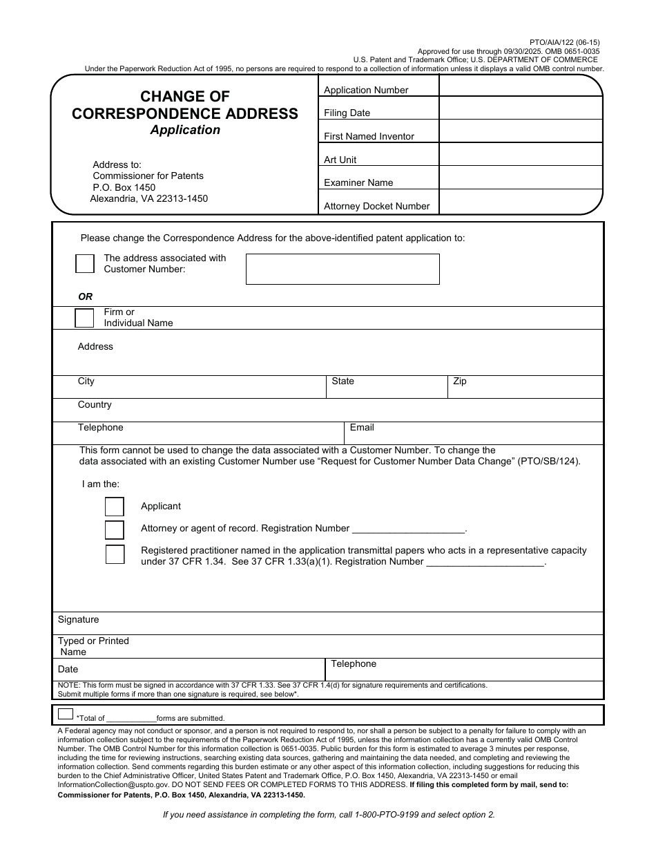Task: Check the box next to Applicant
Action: point(115,507)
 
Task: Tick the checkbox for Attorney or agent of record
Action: point(115,529)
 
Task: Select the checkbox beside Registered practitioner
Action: point(115,554)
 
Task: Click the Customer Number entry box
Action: point(343,269)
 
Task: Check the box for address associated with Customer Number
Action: point(85,263)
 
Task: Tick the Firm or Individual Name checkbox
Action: point(84,318)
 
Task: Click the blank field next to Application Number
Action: point(521,86)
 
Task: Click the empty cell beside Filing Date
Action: point(521,109)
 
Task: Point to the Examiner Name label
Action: point(358,182)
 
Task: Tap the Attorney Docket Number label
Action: point(376,206)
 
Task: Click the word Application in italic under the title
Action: point(185,130)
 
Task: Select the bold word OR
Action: point(85,296)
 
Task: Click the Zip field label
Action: point(460,381)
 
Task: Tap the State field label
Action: point(343,381)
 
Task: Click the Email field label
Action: point(362,428)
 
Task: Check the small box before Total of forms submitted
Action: point(66,714)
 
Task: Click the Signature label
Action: point(78,620)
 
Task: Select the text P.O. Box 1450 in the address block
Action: point(124,187)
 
